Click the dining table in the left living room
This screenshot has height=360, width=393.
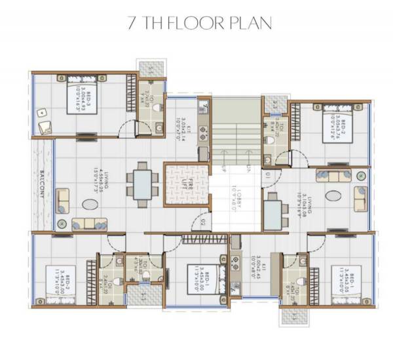(x=141, y=184)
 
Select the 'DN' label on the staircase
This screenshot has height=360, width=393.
(x=248, y=169)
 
